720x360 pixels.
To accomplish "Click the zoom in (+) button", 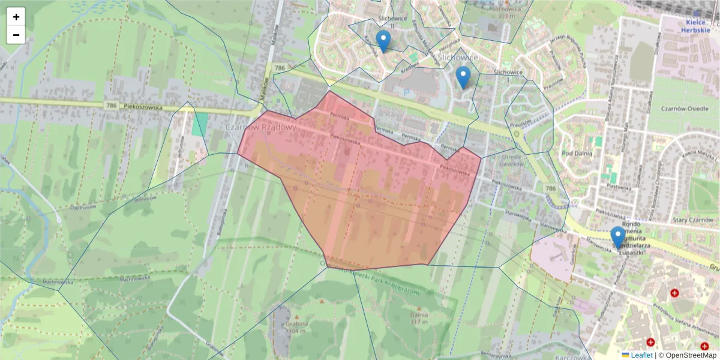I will pos(16,17).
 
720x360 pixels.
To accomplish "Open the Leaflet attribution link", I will pos(641,355).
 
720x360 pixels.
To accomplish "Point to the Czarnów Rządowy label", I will pos(261,127).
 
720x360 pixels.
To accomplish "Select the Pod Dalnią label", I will pos(577,153).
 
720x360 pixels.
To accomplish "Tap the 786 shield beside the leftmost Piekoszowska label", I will pos(110,105).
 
